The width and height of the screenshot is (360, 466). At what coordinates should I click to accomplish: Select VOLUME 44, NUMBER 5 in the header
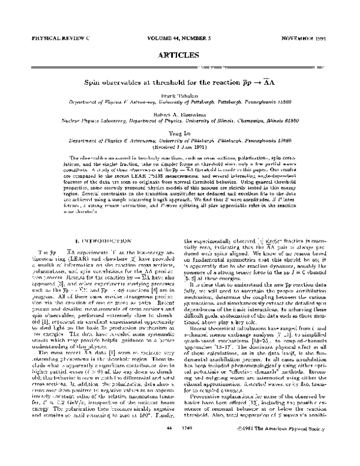[x=180, y=37]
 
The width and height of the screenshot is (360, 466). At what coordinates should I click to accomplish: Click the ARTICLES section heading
[x=179, y=54]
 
